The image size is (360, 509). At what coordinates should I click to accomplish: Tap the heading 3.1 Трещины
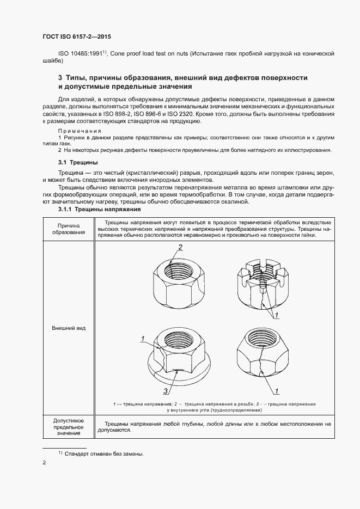[78, 162]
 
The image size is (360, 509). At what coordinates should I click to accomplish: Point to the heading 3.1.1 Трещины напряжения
[100, 210]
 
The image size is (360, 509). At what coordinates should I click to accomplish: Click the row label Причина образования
[68, 229]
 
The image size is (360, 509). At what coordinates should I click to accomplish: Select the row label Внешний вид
[68, 329]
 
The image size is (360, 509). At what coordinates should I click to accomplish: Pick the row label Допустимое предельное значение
[68, 427]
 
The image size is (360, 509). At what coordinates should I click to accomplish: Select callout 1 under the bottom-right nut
[277, 390]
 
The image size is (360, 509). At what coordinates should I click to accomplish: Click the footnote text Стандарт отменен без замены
[103, 453]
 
